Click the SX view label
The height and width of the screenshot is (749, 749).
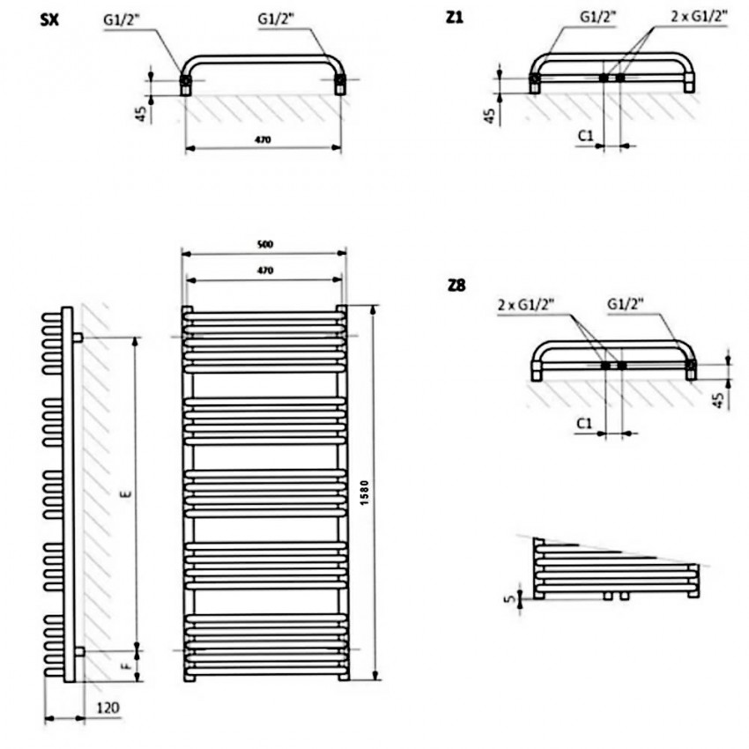pos(49,20)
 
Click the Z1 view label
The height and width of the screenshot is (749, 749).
pos(455,18)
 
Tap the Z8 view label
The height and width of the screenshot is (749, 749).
pos(456,286)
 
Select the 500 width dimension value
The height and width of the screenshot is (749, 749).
pos(265,245)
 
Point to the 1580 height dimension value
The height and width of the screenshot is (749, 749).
pos(365,493)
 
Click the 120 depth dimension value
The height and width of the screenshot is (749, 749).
pos(108,708)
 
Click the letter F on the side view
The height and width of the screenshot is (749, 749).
pos(128,664)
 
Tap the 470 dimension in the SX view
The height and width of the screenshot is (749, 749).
pos(263,140)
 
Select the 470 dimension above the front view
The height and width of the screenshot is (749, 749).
pos(265,271)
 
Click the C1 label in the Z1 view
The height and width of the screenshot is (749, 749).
pos(585,136)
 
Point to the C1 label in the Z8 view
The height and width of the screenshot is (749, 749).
pos(584,423)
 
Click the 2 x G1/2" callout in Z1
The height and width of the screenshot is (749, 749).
pos(700,17)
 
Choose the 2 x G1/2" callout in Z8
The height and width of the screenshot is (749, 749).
pos(526,304)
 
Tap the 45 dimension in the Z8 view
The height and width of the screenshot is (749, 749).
pos(718,400)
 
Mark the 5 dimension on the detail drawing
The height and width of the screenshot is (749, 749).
pos(510,597)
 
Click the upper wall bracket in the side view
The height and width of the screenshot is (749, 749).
pos(78,337)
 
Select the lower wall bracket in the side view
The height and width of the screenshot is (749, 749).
pos(79,651)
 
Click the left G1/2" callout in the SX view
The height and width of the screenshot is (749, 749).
pos(120,20)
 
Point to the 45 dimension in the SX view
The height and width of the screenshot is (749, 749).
pos(141,114)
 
